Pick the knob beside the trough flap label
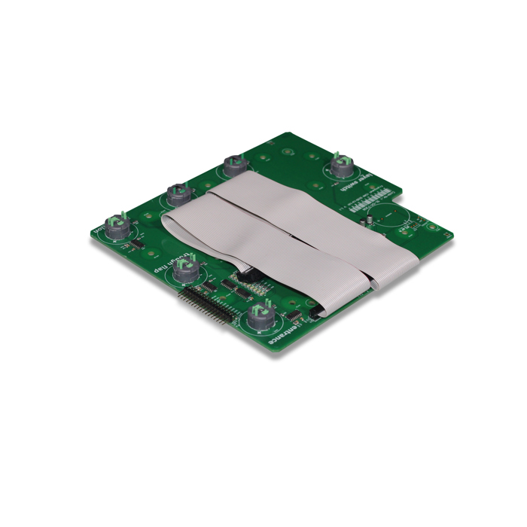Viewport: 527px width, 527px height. pos(184,268)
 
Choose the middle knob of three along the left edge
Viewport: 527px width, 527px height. pos(178,193)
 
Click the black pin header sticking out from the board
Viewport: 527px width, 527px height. pos(202,306)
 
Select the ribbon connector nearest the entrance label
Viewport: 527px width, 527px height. pos(315,309)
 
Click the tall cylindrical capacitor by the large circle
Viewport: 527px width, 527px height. pos(371,220)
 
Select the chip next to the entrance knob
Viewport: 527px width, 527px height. pos(296,314)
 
